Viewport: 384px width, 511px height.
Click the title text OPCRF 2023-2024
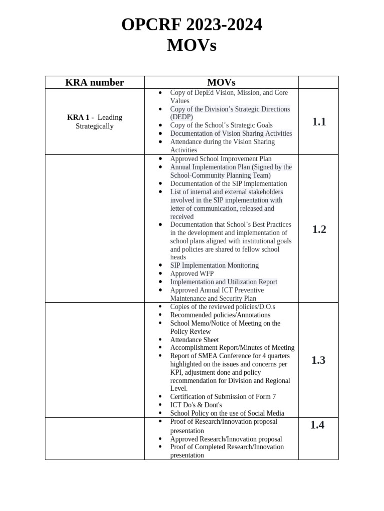[192, 24]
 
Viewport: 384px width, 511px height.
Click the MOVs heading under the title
[192, 46]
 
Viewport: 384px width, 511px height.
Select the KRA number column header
[95, 82]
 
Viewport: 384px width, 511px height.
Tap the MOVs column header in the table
[221, 82]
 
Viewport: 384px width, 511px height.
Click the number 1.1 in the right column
[319, 122]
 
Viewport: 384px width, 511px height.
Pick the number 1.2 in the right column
[319, 229]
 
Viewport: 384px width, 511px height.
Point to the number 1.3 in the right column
[318, 360]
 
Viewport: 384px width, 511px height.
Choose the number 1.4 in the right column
[317, 425]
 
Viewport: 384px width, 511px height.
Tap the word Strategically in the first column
[95, 126]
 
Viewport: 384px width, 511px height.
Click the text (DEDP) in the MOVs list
[181, 117]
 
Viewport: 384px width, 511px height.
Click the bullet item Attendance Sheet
[194, 340]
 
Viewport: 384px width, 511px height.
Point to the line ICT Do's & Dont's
[196, 405]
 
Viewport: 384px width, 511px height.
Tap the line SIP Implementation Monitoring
[214, 265]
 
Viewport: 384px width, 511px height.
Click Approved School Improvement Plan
[221, 159]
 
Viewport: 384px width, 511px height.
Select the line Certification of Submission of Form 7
[223, 397]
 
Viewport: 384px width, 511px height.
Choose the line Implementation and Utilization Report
[223, 282]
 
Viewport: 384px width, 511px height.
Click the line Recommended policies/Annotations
[220, 315]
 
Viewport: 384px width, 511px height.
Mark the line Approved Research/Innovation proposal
[226, 439]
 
